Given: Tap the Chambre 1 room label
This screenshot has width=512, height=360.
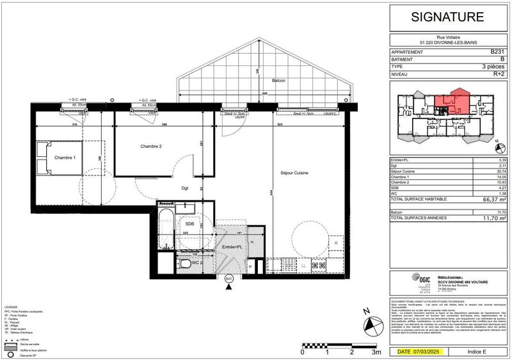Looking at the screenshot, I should pyautogui.click(x=65, y=158).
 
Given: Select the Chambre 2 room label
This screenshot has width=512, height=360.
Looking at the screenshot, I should pyautogui.click(x=151, y=147).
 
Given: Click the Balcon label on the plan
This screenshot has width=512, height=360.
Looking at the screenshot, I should pyautogui.click(x=278, y=81).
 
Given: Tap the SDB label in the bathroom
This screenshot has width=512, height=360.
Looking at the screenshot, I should pyautogui.click(x=189, y=224).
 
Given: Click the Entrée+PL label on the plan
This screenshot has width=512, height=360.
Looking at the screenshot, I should pyautogui.click(x=231, y=246).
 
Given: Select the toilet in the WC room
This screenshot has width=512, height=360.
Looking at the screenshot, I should pyautogui.click(x=182, y=263).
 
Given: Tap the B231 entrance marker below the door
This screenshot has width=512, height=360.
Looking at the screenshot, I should pyautogui.click(x=228, y=279).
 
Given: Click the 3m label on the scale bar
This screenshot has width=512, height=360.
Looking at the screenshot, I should pyautogui.click(x=377, y=352).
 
